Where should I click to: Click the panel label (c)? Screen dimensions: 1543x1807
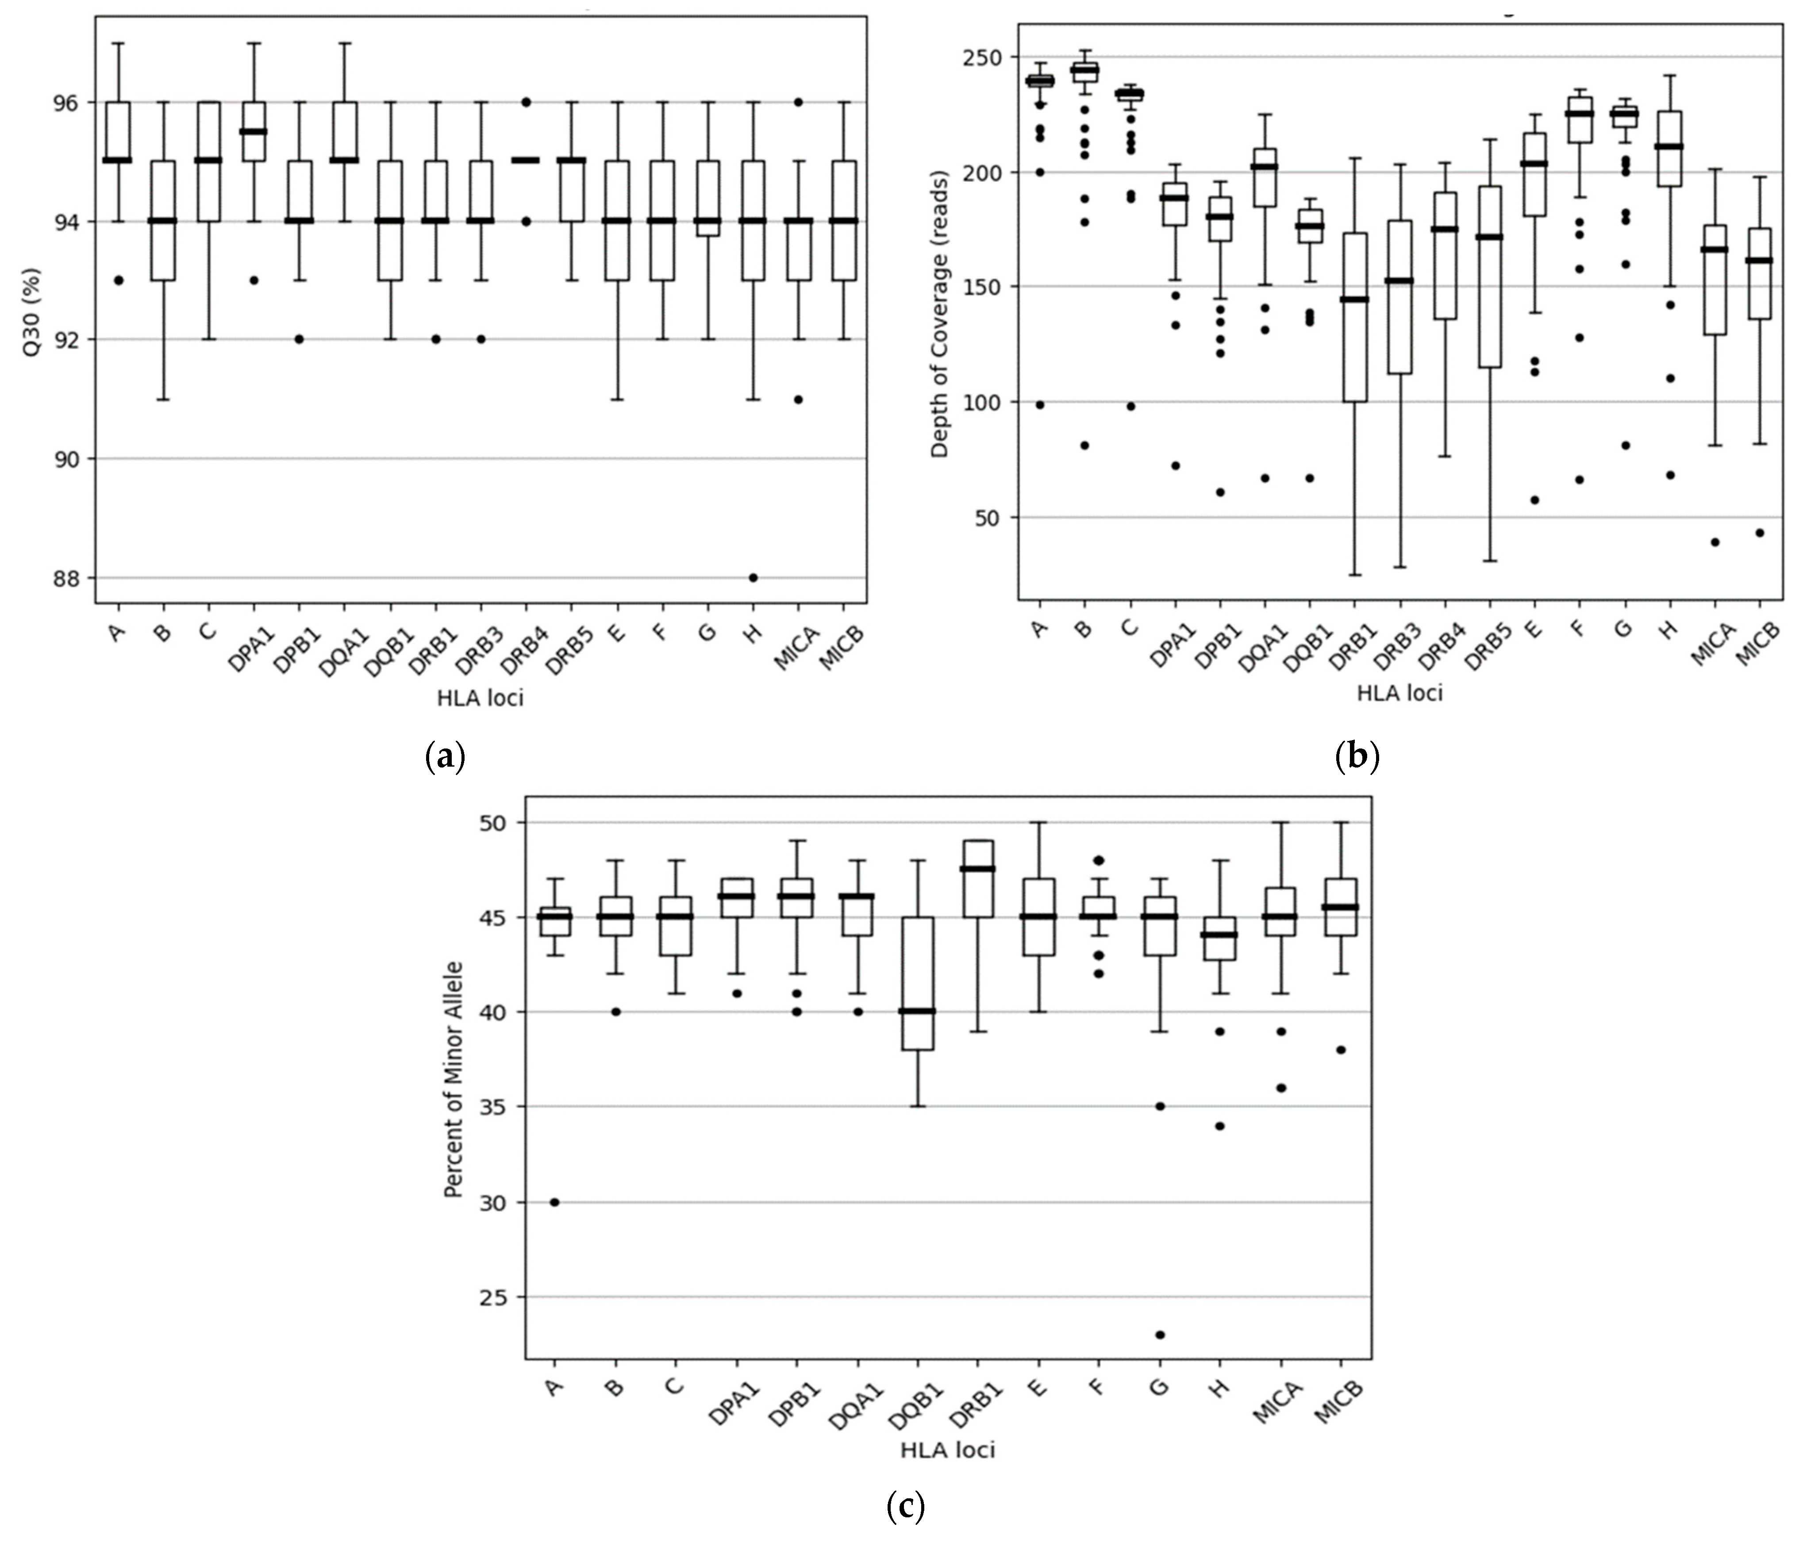pos(904,1505)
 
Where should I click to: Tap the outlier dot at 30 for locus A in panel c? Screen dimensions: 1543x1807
pos(554,1201)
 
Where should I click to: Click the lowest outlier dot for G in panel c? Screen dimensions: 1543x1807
pos(1160,1334)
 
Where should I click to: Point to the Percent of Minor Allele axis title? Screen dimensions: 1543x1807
pos(454,1079)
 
